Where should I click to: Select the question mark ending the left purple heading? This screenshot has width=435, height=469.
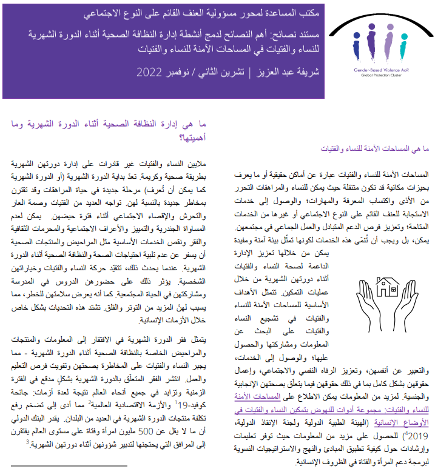coord(175,135)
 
